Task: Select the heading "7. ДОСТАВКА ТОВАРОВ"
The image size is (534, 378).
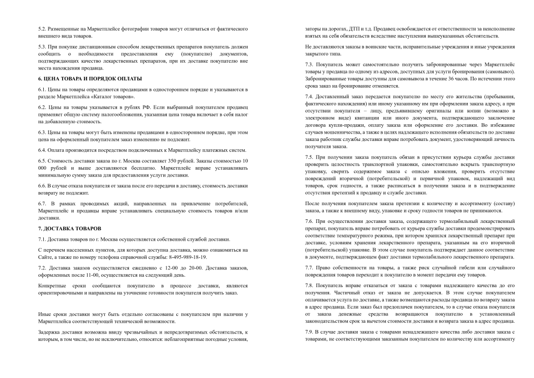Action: pos(70,229)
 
